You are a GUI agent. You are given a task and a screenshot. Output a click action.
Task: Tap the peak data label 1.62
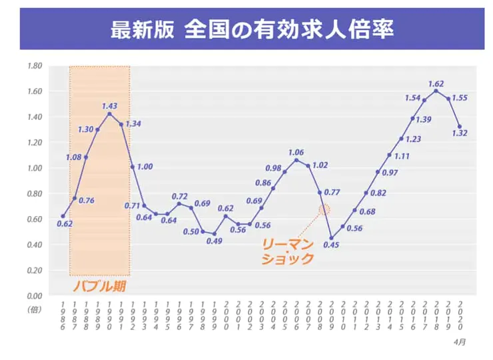pos(436,84)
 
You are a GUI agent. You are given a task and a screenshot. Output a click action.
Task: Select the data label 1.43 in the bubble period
pos(110,106)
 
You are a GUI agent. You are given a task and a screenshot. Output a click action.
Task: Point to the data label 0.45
pos(331,245)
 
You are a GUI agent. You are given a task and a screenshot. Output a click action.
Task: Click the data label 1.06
pos(296,153)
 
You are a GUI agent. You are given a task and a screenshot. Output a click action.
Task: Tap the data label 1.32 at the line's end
pos(460,133)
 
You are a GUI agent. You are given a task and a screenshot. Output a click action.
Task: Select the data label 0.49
pos(214,241)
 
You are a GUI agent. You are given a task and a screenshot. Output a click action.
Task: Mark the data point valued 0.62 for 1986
pos(63,216)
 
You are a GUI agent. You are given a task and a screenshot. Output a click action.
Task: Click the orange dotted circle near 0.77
pos(324,209)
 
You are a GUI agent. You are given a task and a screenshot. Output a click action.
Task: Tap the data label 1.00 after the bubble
pos(145,167)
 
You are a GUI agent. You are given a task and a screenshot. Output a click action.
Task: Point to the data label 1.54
pos(414,97)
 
